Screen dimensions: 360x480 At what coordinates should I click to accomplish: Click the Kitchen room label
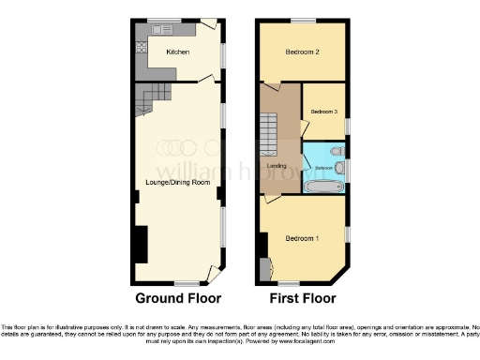[178, 52]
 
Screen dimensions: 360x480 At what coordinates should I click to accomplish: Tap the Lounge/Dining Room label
[176, 182]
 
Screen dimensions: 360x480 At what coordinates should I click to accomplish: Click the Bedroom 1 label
[303, 237]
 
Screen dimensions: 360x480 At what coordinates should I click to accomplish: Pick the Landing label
[277, 167]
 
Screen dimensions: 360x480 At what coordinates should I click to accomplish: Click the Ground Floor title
[179, 299]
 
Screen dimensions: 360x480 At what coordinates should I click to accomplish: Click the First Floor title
[301, 299]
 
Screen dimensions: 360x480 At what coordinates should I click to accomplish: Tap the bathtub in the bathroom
[323, 187]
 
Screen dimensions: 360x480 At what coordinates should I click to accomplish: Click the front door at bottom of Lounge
[213, 276]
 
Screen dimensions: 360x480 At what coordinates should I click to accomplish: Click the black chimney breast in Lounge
[140, 247]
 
